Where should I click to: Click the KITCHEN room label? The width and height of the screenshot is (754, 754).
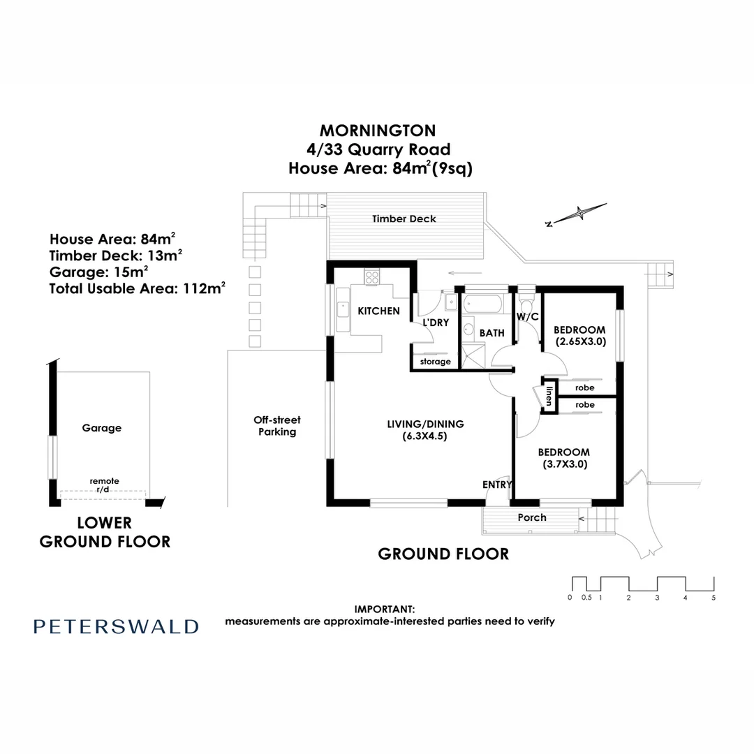point(378,311)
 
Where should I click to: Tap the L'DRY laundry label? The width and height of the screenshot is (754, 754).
point(435,322)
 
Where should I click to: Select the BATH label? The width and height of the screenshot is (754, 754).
point(491,333)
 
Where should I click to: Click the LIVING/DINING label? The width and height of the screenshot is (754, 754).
point(425,424)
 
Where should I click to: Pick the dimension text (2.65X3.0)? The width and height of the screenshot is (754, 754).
point(580,342)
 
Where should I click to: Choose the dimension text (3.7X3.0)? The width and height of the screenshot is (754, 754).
point(565,464)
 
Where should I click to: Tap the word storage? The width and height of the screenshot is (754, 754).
point(435,362)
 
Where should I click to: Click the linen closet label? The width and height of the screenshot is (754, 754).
point(549,396)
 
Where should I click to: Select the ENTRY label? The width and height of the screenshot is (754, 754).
point(497,485)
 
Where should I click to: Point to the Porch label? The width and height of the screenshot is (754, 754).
point(532,517)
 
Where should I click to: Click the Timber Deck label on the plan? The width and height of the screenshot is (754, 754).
point(404,219)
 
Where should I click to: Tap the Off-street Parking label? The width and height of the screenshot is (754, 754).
point(276,426)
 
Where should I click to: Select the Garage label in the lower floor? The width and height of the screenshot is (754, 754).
point(101,428)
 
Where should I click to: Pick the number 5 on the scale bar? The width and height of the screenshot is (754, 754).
point(714,598)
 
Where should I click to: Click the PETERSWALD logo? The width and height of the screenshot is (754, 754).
point(116,626)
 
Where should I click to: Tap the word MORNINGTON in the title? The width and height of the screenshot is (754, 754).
point(377,131)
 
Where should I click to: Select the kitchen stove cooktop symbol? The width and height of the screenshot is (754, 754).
point(372,276)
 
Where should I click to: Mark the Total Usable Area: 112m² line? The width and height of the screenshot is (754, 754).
point(137,287)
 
